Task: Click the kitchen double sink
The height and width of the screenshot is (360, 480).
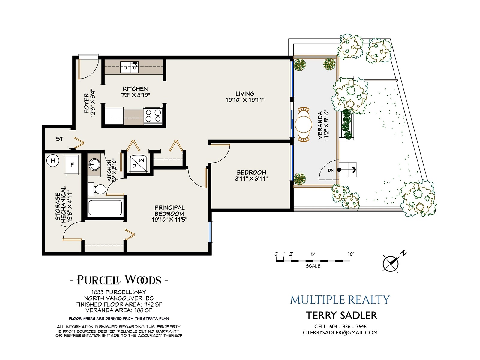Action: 129,67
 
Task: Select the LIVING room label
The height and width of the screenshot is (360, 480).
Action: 245,94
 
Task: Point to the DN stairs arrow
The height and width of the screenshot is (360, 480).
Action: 348,169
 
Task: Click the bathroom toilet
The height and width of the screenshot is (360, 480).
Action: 97,189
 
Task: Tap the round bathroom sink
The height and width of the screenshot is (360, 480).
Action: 95,164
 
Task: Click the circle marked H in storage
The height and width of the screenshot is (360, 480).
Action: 53,161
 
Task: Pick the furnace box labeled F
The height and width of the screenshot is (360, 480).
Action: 72,165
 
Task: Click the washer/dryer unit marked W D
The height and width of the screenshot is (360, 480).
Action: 138,163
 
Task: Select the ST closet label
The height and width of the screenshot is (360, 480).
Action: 60,139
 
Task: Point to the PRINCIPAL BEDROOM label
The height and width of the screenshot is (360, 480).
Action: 169,211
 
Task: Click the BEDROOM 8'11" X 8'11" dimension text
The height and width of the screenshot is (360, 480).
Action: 251,179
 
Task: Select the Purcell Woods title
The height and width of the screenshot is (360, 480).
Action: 119,280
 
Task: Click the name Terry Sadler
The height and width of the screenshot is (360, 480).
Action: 341,315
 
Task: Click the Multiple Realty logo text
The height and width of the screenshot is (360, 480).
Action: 340,300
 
